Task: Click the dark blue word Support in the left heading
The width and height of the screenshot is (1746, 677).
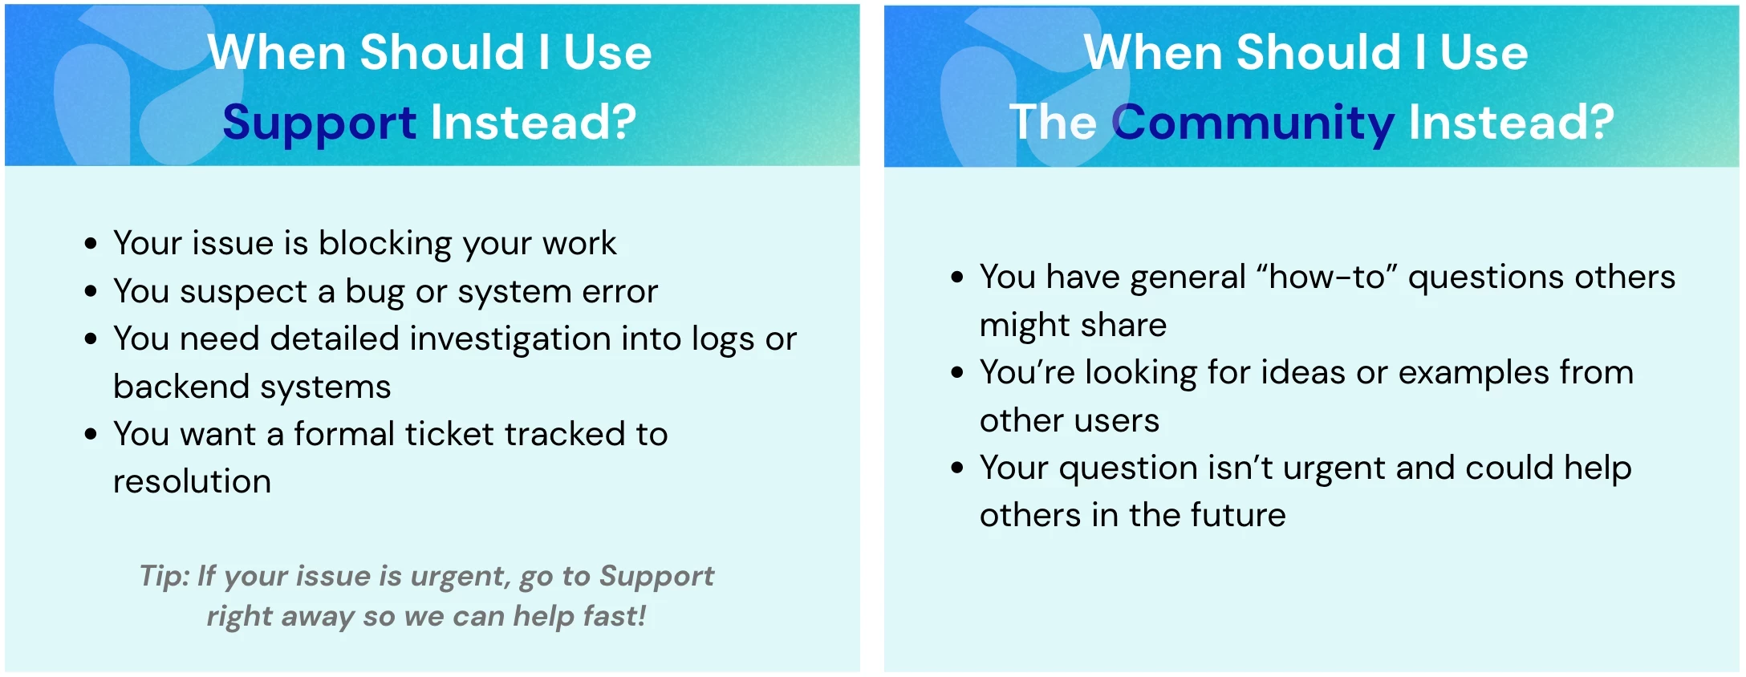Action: [319, 124]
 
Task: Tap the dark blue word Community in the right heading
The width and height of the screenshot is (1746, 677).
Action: [1253, 124]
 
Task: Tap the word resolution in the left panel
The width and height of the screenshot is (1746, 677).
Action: [193, 481]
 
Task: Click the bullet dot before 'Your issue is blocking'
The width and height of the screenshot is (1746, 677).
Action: [91, 244]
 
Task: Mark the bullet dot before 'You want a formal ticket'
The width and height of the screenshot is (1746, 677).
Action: [91, 435]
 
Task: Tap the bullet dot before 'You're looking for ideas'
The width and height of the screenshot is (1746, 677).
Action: [957, 373]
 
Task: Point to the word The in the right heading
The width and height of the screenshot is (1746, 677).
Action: [1053, 122]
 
